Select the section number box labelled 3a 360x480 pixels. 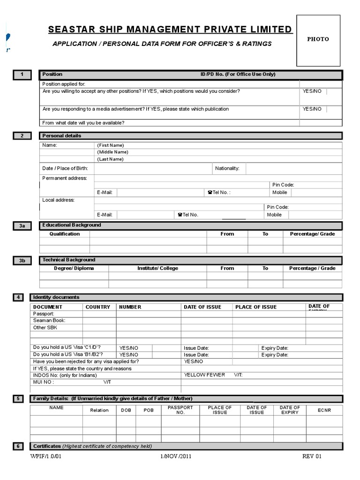coord(22,226)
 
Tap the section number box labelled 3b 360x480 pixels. coord(22,261)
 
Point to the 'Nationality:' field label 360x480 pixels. coord(227,168)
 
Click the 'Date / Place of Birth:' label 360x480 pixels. coord(65,168)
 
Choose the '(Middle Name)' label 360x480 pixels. coord(112,152)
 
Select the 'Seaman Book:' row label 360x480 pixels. coord(49,321)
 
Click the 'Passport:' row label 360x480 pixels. coord(44,314)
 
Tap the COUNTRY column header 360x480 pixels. coord(98,307)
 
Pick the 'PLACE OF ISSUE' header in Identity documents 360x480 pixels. coord(256,307)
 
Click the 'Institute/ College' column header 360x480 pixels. coord(157,268)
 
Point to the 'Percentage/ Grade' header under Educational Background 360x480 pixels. coord(312,234)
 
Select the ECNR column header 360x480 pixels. coord(324,410)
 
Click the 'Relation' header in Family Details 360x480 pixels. coord(99,410)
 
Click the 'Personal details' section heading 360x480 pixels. coord(61,136)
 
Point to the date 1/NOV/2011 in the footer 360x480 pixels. coord(175,456)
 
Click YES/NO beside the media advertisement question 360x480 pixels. coord(312,109)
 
